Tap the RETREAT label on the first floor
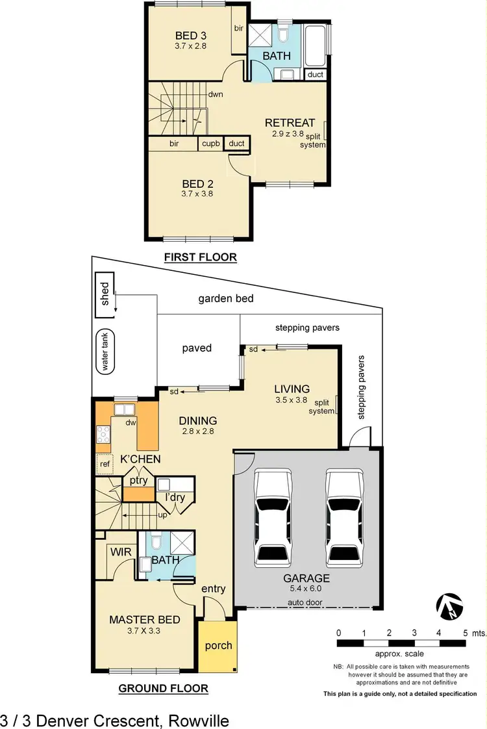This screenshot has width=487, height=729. click(290, 123)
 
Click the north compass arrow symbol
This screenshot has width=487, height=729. click(450, 607)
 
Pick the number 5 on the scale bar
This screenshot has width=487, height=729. click(464, 632)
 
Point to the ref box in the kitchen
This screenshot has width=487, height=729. click(104, 464)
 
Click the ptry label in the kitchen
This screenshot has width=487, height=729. click(138, 481)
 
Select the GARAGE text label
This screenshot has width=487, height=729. click(306, 578)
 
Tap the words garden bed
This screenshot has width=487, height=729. click(225, 299)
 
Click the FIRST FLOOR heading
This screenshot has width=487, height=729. click(200, 257)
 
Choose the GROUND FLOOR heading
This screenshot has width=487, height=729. click(163, 688)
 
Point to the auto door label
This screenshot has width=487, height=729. click(305, 602)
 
